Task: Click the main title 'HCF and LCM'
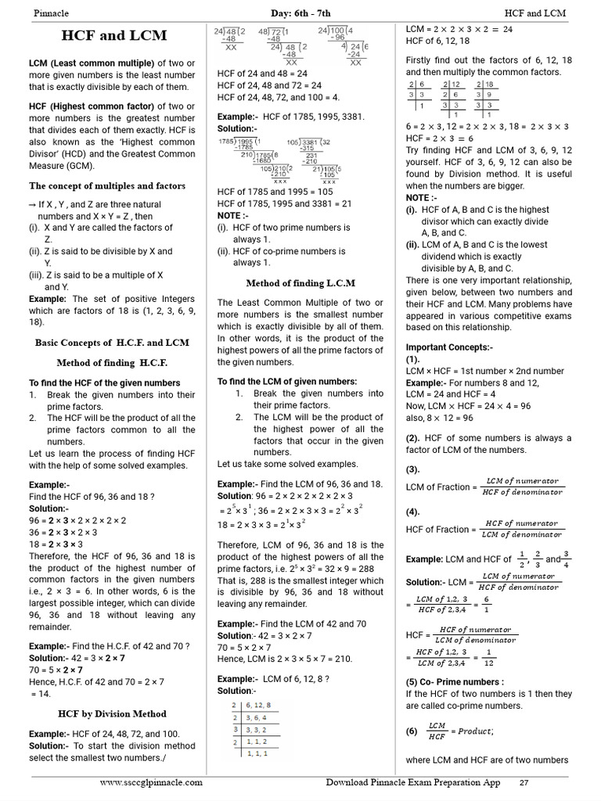(114, 36)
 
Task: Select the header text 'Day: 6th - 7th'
(300, 13)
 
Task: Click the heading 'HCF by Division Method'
(112, 713)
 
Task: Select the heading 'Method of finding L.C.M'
(300, 283)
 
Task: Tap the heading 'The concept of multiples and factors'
(107, 186)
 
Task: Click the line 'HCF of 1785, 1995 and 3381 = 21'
(284, 203)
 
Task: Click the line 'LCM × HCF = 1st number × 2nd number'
(484, 371)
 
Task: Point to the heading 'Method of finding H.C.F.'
(112, 363)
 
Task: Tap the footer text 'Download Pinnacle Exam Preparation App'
(412, 782)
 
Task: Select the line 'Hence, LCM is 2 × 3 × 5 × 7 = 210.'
(285, 659)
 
